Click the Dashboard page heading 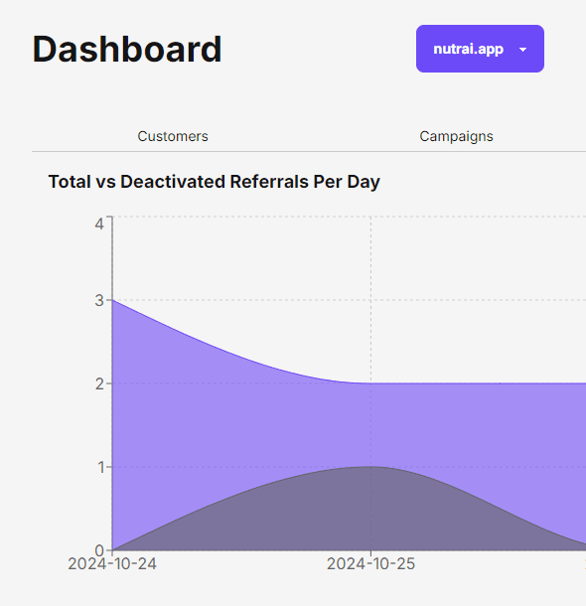pos(127,50)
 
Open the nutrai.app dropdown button pos(469,49)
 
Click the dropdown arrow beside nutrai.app pos(523,50)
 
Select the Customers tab pos(173,136)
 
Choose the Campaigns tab pos(456,136)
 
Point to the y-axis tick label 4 pos(99,223)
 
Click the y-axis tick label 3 pos(99,300)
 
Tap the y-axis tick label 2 pos(99,383)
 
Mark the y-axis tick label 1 pos(99,467)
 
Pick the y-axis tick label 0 pos(99,550)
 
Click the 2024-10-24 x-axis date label pos(112,563)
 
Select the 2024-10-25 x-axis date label pos(371,563)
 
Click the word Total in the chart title pos(69,182)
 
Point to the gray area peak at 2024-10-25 pos(371,467)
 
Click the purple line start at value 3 pos(113,300)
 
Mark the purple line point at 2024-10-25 pos(371,383)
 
